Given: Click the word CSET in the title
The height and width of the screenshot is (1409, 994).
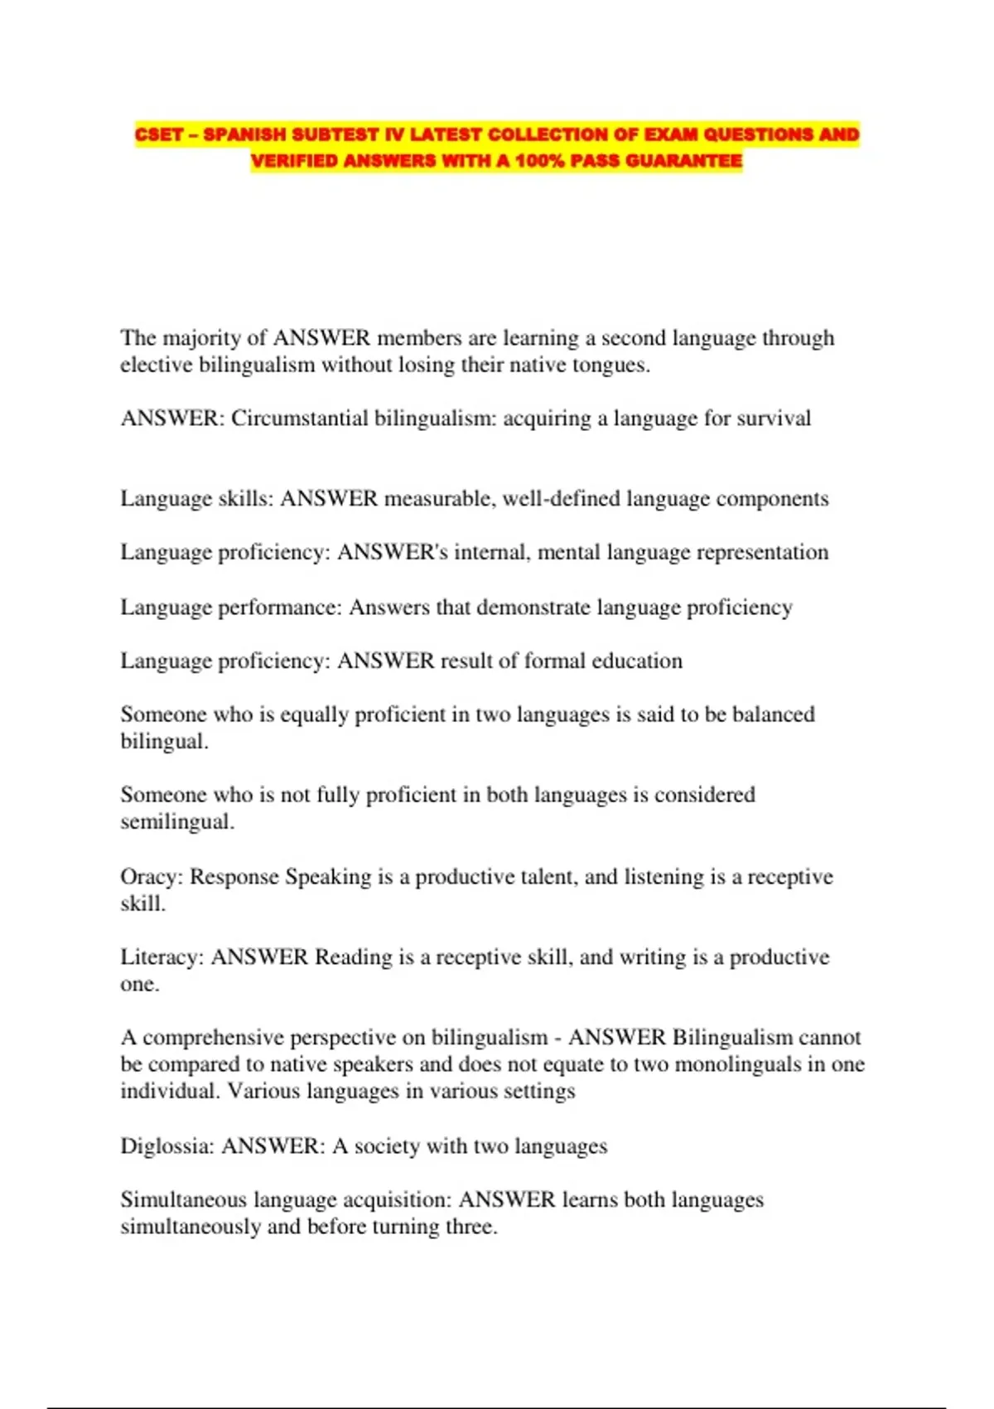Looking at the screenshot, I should pyautogui.click(x=158, y=134).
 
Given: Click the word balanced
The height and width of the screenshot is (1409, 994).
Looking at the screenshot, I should pyautogui.click(x=774, y=714).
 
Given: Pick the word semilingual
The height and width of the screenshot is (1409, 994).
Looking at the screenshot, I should pyautogui.click(x=176, y=822).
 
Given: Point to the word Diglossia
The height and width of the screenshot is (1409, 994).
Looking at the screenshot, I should pyautogui.click(x=167, y=1146).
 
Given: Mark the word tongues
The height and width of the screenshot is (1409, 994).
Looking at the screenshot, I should pyautogui.click(x=610, y=366).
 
